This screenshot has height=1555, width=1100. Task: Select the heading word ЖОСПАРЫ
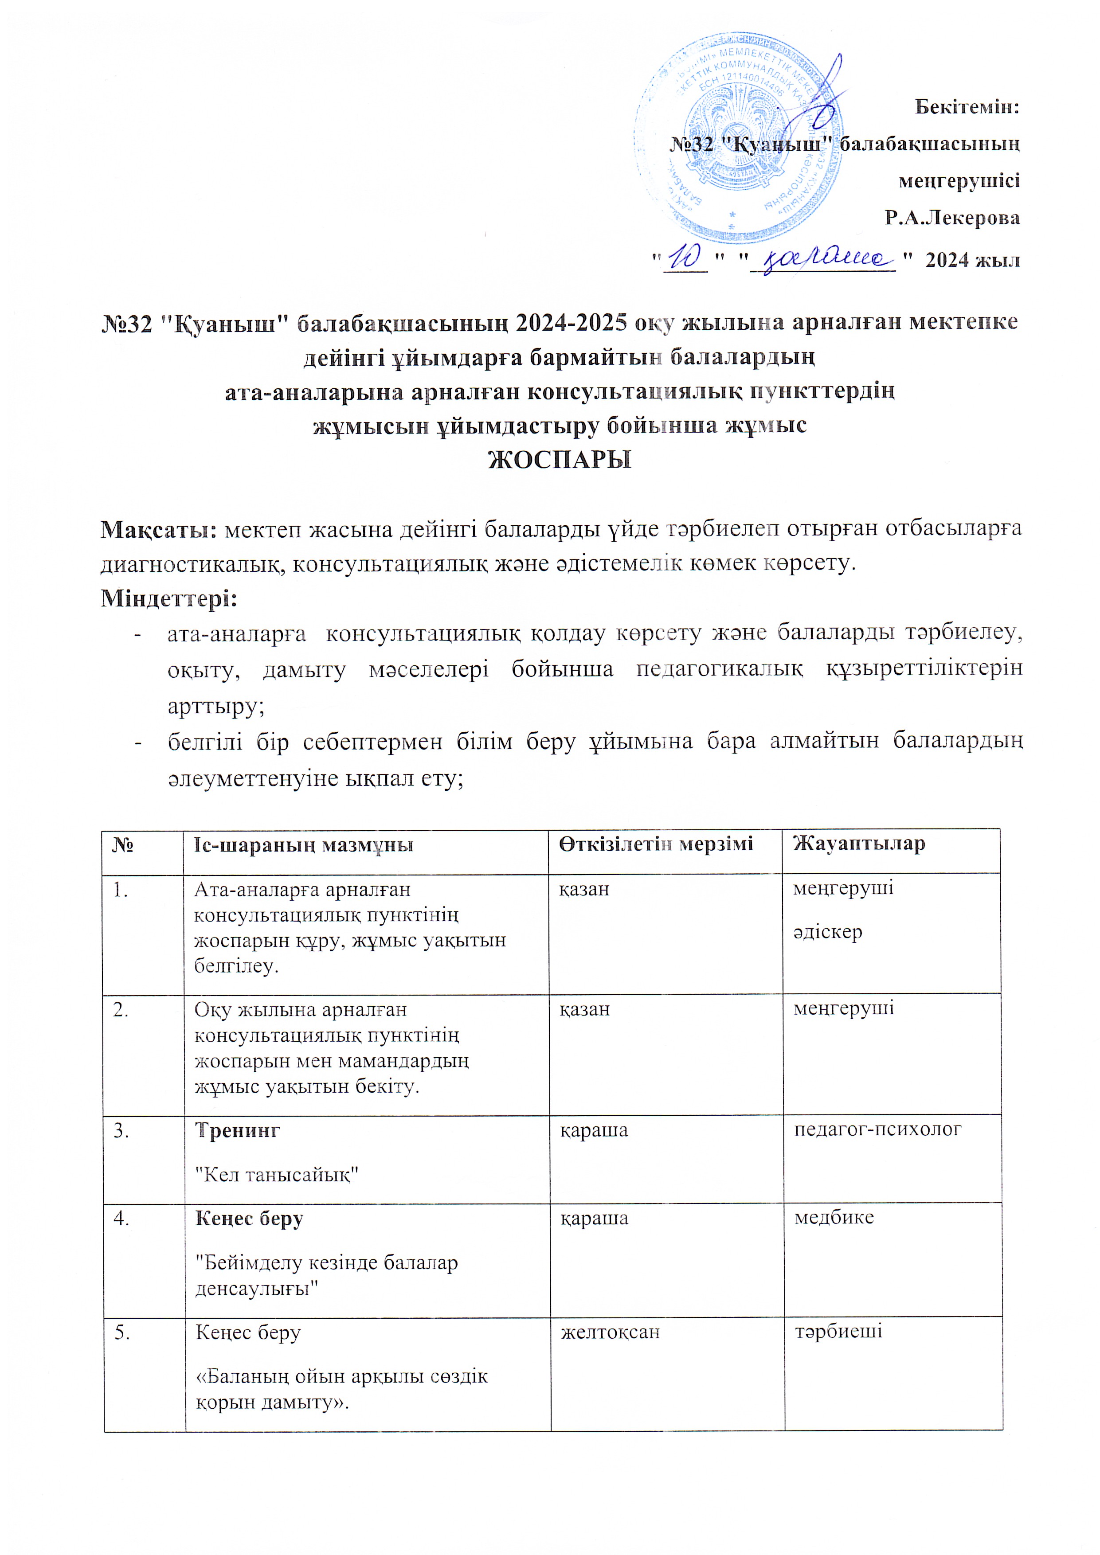(560, 461)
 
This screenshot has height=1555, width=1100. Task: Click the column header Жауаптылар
(859, 844)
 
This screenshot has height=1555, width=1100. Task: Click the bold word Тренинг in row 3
(237, 1130)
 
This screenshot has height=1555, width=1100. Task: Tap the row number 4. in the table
(123, 1219)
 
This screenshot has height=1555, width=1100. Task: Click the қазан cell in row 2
(584, 1009)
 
